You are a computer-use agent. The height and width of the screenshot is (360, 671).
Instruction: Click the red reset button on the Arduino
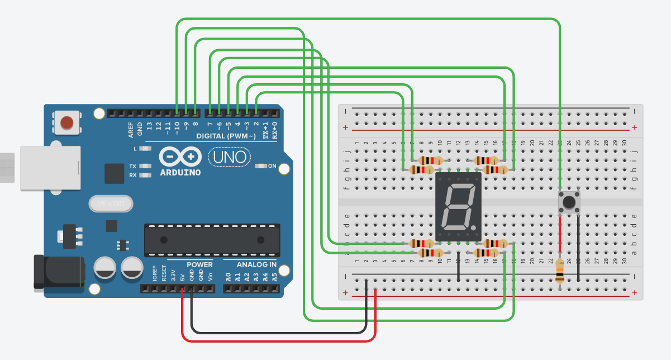67,122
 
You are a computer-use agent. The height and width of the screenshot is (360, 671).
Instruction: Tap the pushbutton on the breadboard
569,202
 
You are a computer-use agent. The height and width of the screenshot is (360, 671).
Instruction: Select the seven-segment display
458,207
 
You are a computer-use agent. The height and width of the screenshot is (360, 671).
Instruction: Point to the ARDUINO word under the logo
180,172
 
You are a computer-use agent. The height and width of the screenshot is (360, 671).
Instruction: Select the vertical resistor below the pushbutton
560,272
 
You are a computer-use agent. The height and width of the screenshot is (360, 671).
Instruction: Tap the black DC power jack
59,272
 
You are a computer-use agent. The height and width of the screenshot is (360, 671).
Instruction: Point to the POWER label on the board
199,264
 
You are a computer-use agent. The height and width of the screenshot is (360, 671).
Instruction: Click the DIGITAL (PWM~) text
226,136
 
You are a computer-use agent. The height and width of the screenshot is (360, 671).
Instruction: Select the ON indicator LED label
272,166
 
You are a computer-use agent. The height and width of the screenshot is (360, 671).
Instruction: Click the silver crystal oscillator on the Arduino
111,204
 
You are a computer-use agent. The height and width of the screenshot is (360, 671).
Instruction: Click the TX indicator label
132,167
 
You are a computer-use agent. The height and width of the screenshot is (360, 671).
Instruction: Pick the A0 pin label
227,276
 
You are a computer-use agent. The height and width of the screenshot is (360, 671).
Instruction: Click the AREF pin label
131,130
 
